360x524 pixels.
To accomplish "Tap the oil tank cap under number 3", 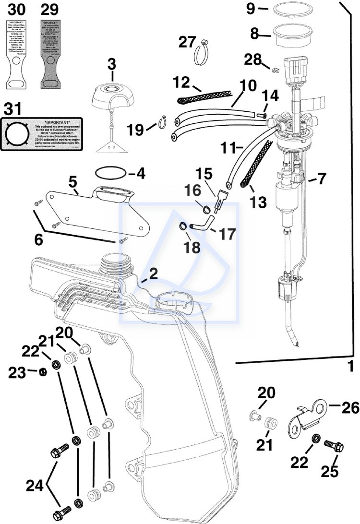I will (112, 95).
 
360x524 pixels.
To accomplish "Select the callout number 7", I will (321, 179).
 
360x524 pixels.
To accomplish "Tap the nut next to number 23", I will (43, 371).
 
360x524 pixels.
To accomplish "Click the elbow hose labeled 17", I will (204, 224).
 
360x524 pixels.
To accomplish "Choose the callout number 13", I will (258, 202).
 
